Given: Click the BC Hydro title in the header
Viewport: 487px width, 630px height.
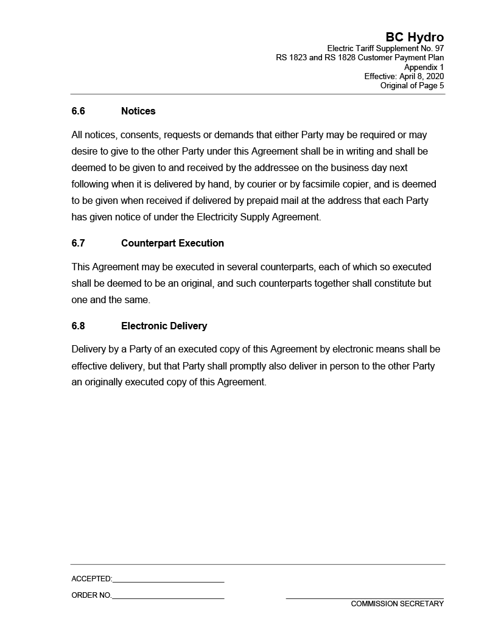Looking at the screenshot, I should click(x=415, y=37).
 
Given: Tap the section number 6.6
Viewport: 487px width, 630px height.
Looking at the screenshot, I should click(x=78, y=111).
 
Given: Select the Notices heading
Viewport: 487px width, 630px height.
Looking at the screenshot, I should click(x=138, y=111).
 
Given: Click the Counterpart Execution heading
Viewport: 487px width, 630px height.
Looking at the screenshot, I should click(x=172, y=243).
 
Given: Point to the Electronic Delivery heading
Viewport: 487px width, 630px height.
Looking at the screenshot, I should click(x=164, y=326).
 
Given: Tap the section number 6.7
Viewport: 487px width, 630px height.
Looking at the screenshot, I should click(x=78, y=243).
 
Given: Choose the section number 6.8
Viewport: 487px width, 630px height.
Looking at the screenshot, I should click(x=78, y=326).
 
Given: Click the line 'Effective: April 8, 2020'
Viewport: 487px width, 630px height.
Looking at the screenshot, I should click(x=404, y=76).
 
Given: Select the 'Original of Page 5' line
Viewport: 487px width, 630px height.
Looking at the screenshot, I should click(x=412, y=85).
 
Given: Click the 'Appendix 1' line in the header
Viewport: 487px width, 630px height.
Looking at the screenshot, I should click(x=424, y=67).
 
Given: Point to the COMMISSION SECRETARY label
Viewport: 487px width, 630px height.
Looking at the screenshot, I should click(x=397, y=604).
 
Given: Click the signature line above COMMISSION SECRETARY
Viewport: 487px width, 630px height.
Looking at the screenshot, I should click(x=365, y=598).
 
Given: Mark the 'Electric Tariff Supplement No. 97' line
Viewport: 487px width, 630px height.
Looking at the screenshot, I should click(x=385, y=49).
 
